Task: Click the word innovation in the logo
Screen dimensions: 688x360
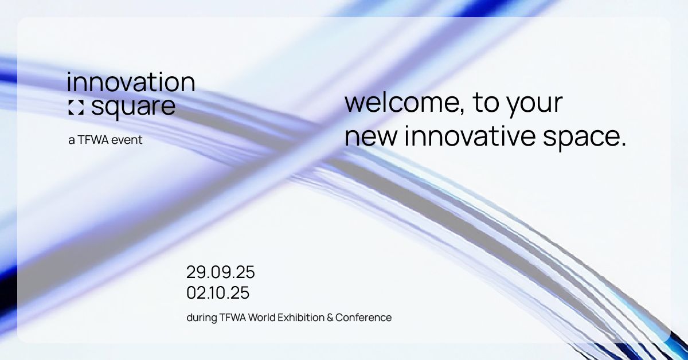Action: click(131, 82)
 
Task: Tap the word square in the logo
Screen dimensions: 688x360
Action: click(134, 108)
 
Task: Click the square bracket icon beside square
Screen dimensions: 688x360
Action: click(76, 107)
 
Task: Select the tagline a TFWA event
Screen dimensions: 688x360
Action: click(105, 140)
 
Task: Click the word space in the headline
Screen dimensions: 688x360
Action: click(580, 138)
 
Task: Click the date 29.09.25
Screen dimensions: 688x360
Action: click(221, 272)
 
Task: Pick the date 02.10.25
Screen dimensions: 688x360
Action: click(218, 293)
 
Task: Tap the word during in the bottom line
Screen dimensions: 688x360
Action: click(201, 318)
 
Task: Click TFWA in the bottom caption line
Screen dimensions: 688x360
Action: click(233, 318)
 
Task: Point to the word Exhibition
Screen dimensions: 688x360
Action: click(301, 318)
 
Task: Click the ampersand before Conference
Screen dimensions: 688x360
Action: click(330, 318)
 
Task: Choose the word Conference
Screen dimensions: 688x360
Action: click(363, 318)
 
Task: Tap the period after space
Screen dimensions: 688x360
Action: click(623, 143)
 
